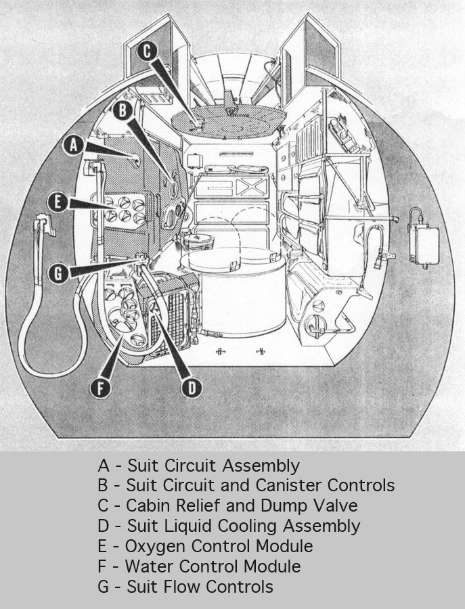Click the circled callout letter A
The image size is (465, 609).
[x=75, y=144]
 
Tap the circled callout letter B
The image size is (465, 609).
[x=123, y=110]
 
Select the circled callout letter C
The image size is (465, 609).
[x=150, y=51]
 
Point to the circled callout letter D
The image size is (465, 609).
[x=192, y=386]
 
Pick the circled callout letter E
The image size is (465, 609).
[x=59, y=202]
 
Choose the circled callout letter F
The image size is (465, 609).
[x=101, y=388]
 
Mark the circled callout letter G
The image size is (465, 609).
[x=59, y=274]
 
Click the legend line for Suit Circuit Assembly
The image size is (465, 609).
[x=198, y=466]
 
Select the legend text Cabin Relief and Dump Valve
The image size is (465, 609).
[x=227, y=505]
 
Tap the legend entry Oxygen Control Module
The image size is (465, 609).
[x=205, y=546]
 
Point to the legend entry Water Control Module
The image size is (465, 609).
[x=199, y=566]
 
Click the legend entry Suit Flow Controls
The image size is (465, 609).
[x=185, y=587]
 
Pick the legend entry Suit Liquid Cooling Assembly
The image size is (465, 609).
[x=229, y=526]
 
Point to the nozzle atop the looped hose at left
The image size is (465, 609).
[x=43, y=224]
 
